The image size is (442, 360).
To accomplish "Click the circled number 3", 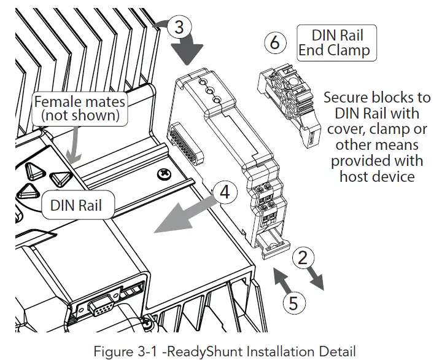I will point(179,27).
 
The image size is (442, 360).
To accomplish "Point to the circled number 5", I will point(293,303).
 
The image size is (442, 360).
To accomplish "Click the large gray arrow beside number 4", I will point(184,216).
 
